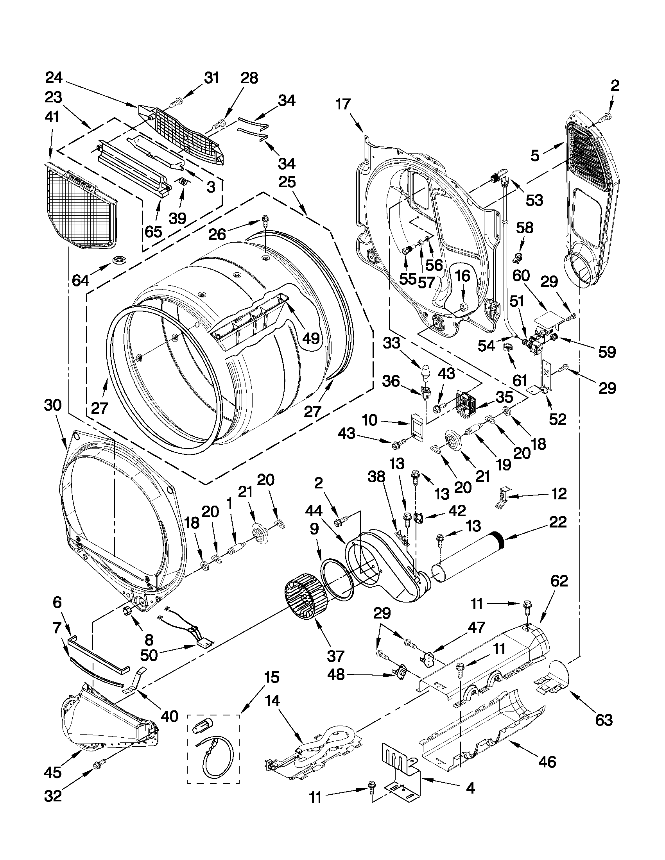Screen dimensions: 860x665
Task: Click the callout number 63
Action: coord(604,719)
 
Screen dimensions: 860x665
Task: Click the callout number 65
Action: coord(153,232)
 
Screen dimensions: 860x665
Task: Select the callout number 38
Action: coord(376,477)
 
